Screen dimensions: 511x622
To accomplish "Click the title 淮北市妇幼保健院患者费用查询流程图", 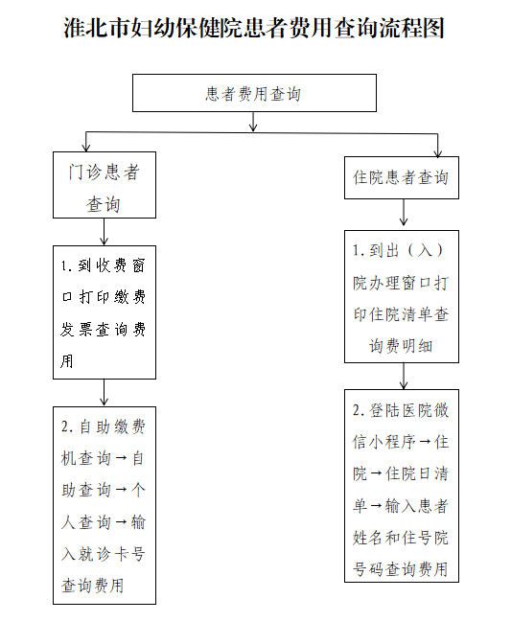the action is [254, 28].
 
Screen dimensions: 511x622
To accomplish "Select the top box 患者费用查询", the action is [254, 93].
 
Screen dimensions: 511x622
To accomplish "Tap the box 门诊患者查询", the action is [105, 185].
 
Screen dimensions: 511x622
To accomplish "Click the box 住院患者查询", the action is [402, 177].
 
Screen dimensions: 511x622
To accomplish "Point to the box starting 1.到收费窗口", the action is [105, 312].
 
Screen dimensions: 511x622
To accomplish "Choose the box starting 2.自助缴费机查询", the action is [105, 505].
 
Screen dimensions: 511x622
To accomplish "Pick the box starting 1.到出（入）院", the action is [402, 296].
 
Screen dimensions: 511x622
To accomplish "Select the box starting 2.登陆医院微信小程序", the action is [402, 486].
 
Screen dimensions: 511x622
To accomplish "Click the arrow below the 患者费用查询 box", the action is [253, 122].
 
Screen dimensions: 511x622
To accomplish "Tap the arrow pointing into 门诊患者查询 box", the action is [86, 142].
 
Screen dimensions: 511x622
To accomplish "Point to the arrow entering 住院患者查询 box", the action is [437, 145].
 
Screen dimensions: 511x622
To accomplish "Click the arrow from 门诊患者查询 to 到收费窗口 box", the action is [104, 232].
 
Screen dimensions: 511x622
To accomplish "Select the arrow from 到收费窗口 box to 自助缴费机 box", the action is [104, 392].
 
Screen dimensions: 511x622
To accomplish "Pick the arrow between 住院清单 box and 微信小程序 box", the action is [404, 376].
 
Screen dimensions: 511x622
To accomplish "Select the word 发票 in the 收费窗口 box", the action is [77, 330].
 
